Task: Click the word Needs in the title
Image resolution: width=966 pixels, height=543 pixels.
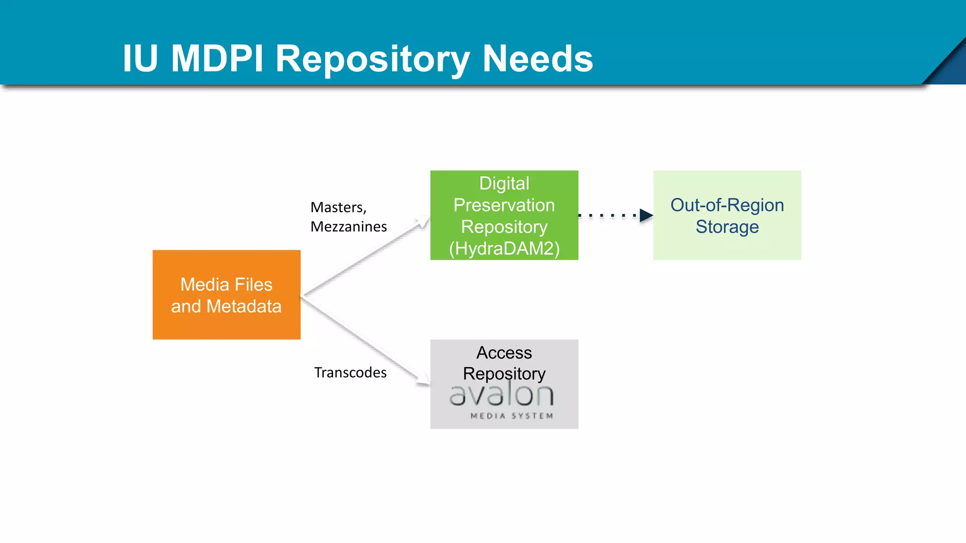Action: [x=537, y=58]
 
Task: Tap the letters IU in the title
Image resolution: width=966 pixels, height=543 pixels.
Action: [x=140, y=58]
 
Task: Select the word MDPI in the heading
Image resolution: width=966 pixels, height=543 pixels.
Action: [x=217, y=58]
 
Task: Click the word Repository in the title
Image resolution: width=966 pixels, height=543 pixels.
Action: [x=373, y=59]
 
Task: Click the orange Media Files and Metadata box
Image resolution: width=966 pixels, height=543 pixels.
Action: [x=226, y=295]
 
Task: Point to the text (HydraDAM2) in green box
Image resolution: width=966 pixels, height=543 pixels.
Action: [x=504, y=248]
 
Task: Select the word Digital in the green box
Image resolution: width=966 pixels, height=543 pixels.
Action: [x=504, y=183]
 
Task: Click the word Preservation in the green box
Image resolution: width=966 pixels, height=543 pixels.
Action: [x=504, y=205]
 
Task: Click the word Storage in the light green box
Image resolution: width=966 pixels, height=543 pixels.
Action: [x=727, y=227]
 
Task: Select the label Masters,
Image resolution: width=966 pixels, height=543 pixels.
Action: [x=338, y=207]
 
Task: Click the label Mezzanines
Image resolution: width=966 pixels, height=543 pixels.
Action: [x=349, y=227]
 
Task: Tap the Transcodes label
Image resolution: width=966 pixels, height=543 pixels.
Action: [x=350, y=372]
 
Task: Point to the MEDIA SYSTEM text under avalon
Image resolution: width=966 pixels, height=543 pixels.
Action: [x=512, y=416]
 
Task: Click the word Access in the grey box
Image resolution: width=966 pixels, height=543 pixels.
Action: [x=504, y=353]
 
